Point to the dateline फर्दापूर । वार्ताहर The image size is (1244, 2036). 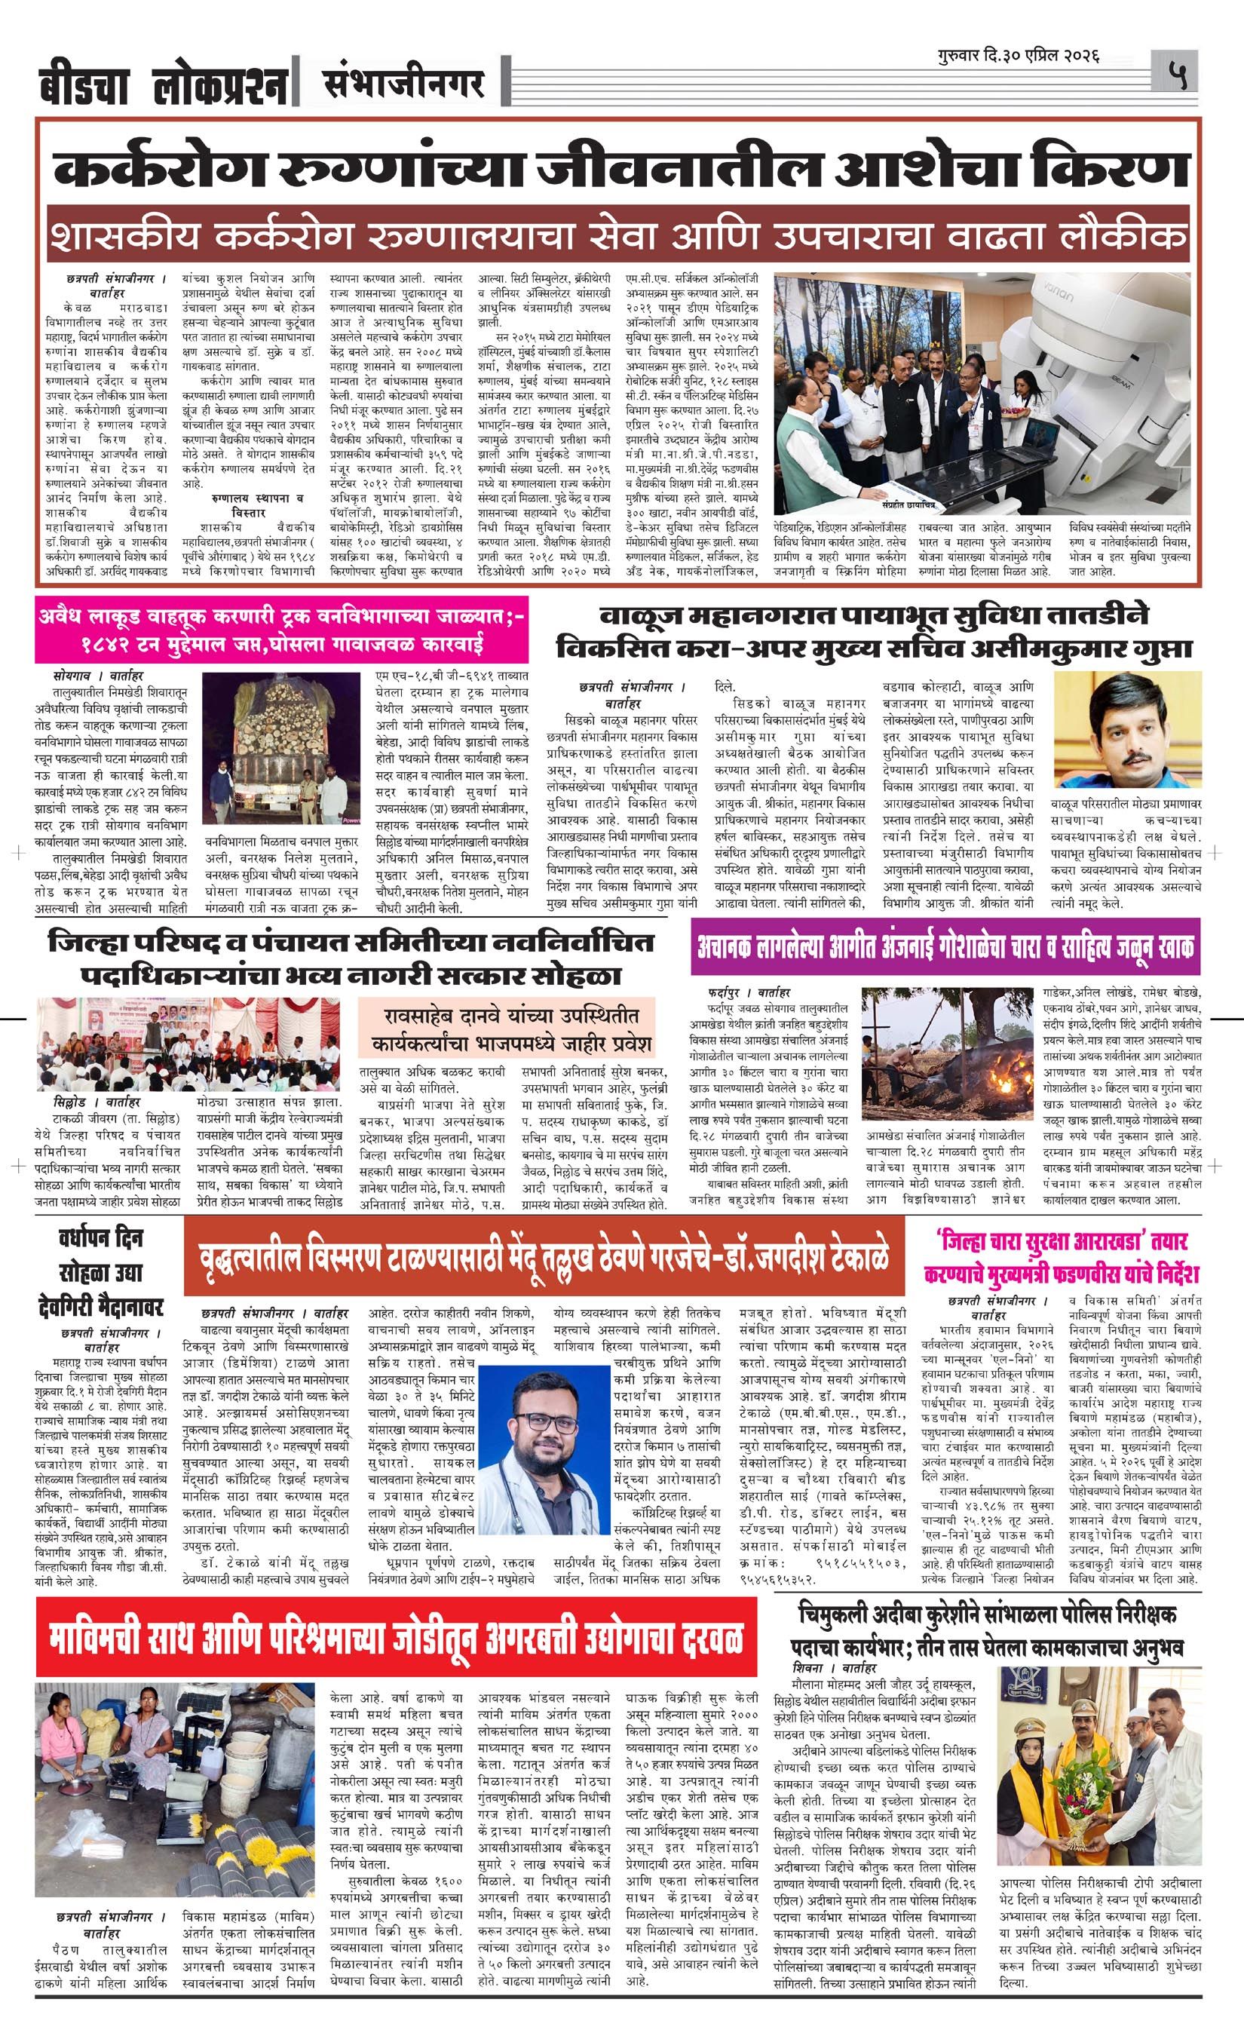click(x=749, y=992)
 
